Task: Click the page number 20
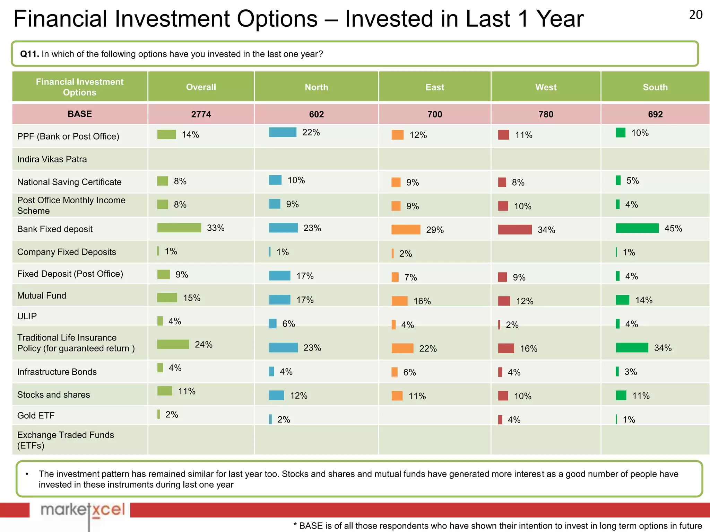click(695, 15)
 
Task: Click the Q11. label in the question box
click(29, 54)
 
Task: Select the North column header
click(316, 87)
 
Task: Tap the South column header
click(655, 87)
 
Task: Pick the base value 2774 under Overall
click(201, 114)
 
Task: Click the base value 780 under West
click(546, 114)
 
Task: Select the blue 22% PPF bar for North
click(283, 132)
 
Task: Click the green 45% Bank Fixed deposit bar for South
click(637, 228)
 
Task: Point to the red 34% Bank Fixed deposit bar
click(515, 230)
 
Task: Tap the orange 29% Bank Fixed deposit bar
click(406, 230)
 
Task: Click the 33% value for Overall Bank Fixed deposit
click(216, 228)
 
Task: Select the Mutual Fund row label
click(42, 295)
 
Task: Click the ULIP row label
click(27, 316)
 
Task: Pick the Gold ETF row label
click(36, 415)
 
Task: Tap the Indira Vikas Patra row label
click(52, 159)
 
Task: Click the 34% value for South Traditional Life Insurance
click(663, 348)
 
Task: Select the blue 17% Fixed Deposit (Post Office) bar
click(279, 276)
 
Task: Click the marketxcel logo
click(83, 510)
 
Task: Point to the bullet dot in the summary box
click(27, 474)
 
